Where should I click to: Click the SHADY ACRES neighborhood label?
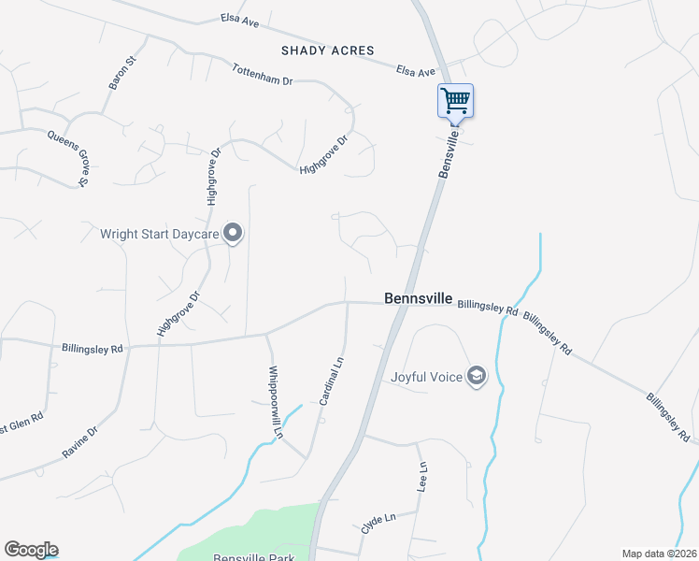pyautogui.click(x=327, y=50)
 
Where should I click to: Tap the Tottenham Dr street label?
pyautogui.click(x=263, y=74)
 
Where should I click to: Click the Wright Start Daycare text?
pyautogui.click(x=159, y=234)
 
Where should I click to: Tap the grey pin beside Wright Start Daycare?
pyautogui.click(x=234, y=233)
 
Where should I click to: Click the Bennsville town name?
pyautogui.click(x=419, y=299)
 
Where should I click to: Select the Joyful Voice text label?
pyautogui.click(x=428, y=377)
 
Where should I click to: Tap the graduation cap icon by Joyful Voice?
pyautogui.click(x=478, y=376)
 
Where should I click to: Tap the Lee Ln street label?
pyautogui.click(x=422, y=477)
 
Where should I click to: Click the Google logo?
pyautogui.click(x=31, y=550)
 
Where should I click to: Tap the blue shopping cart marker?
pyautogui.click(x=455, y=99)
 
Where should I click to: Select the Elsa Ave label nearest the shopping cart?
pyautogui.click(x=416, y=71)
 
